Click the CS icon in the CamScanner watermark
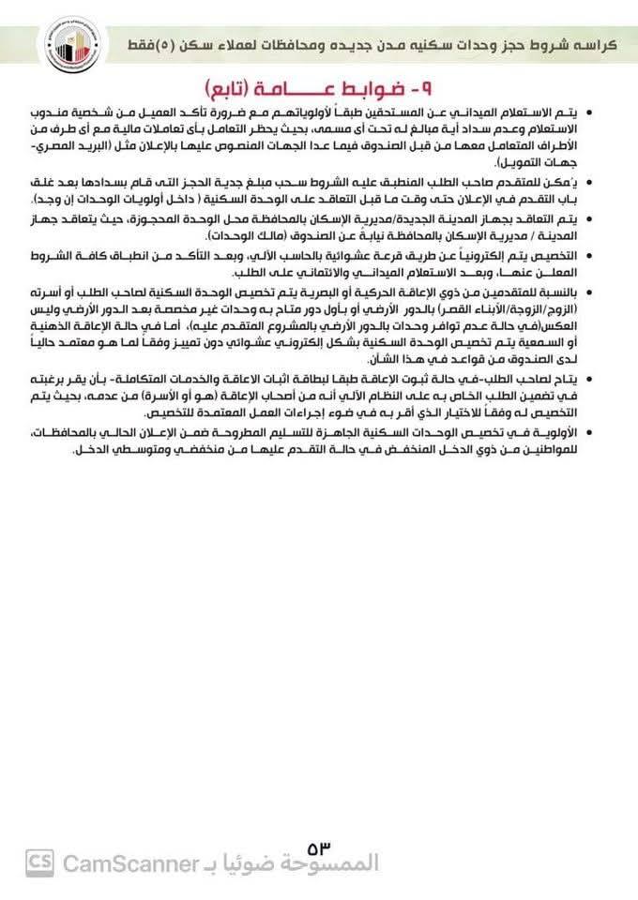point(39,862)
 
